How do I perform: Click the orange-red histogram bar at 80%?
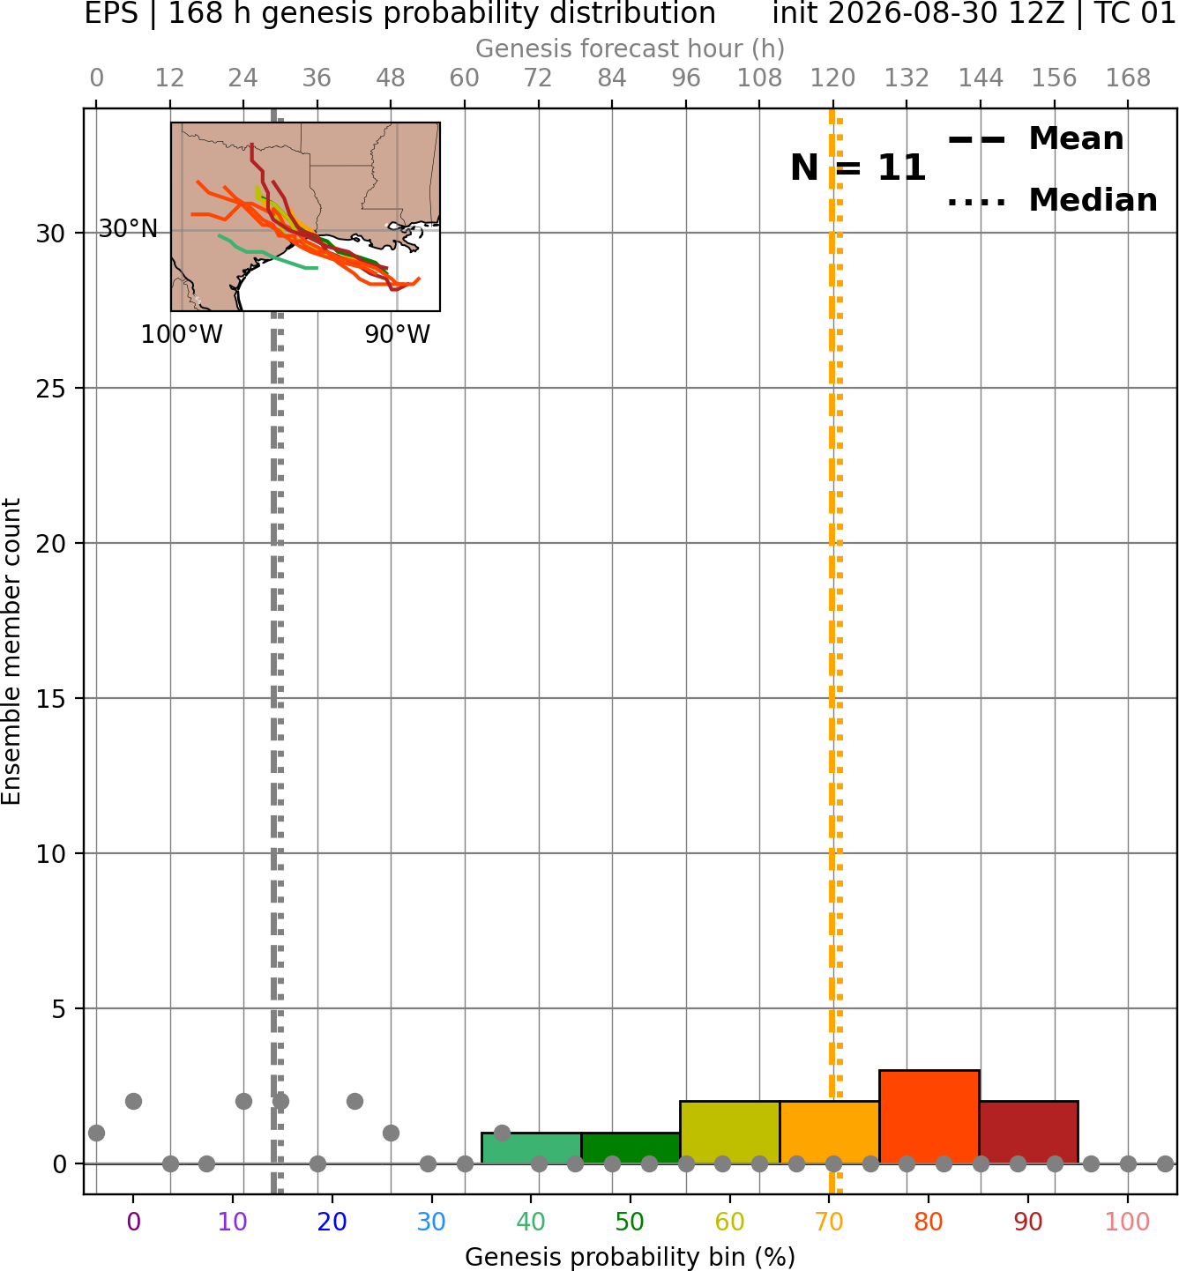pyautogui.click(x=929, y=1117)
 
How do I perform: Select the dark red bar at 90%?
pyautogui.click(x=1029, y=1132)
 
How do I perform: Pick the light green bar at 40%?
pyautogui.click(x=532, y=1148)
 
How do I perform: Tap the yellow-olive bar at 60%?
pyautogui.click(x=730, y=1132)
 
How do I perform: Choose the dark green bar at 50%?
pyautogui.click(x=631, y=1148)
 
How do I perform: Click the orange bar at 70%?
pyautogui.click(x=829, y=1132)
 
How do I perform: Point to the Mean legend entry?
pyautogui.click(x=1035, y=139)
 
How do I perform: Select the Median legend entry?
pyautogui.click(x=1052, y=200)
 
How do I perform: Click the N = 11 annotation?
pyautogui.click(x=858, y=167)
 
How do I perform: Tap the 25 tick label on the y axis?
pyautogui.click(x=50, y=389)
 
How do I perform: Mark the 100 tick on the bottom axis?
pyautogui.click(x=1128, y=1223)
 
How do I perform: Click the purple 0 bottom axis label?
pyautogui.click(x=133, y=1223)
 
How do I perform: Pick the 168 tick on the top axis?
pyautogui.click(x=1128, y=78)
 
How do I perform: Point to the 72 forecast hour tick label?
pyautogui.click(x=538, y=78)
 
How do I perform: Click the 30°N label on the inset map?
pyautogui.click(x=128, y=228)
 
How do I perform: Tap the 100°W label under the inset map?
pyautogui.click(x=182, y=334)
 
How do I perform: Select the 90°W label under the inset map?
pyautogui.click(x=398, y=334)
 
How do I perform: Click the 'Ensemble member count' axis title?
pyautogui.click(x=11, y=651)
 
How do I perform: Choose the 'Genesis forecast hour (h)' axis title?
pyautogui.click(x=631, y=48)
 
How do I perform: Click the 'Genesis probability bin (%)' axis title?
pyautogui.click(x=631, y=1257)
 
